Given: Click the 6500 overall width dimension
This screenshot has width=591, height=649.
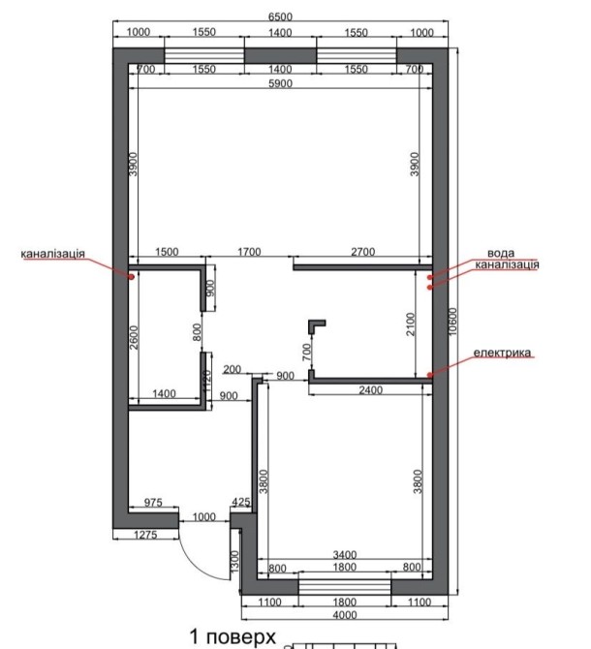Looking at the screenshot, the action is [x=280, y=17].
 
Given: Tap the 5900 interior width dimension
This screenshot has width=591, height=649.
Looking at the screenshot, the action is [x=280, y=83].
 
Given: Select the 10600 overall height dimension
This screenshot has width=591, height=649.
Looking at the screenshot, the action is [x=453, y=322].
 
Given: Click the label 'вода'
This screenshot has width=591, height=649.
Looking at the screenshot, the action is [x=501, y=253].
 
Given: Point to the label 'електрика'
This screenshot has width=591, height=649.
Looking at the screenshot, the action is [x=502, y=353].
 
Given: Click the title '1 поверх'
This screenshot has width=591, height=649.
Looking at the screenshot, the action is [x=233, y=637].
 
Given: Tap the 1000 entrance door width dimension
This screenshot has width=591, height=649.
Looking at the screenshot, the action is [x=204, y=517].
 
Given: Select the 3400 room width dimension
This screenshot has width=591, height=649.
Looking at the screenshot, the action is [x=345, y=555].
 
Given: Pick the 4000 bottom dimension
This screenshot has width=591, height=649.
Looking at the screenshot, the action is [x=345, y=615].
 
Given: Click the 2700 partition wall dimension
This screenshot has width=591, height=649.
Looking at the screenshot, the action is [x=363, y=252].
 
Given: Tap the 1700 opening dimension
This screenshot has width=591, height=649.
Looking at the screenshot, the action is [x=249, y=252].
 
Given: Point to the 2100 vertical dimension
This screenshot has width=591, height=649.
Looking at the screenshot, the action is [x=410, y=324].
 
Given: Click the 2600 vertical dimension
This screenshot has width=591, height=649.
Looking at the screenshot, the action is [x=134, y=337].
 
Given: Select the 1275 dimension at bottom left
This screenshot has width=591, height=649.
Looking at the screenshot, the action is [x=145, y=535].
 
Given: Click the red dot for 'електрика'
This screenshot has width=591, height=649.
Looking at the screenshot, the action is [x=430, y=375].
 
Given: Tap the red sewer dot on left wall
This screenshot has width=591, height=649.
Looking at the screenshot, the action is [x=131, y=277].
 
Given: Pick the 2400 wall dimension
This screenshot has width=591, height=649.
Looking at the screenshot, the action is [x=370, y=390].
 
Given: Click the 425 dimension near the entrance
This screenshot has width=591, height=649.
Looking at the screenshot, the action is [x=241, y=502].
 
